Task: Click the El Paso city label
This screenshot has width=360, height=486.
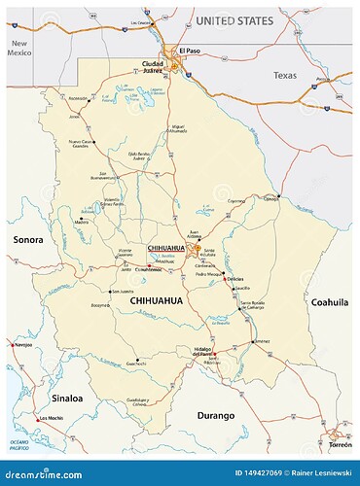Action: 188,50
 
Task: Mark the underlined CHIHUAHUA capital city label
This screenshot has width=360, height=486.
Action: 164,248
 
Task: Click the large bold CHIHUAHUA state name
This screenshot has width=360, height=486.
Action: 157,303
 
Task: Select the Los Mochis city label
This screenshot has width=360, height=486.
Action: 52,419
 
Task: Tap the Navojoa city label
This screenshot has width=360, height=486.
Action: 22,344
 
